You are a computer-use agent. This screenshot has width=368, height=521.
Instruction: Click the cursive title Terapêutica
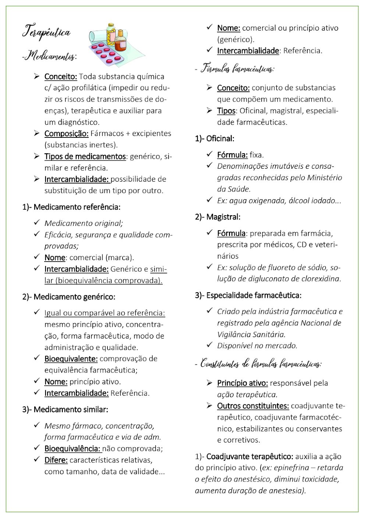[46, 32]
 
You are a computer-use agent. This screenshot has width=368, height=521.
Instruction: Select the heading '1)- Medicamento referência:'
[71, 207]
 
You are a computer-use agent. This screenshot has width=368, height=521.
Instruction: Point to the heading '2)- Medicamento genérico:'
[69, 297]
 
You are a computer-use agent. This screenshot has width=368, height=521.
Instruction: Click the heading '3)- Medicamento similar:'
[65, 410]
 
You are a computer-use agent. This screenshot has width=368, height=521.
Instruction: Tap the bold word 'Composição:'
[66, 133]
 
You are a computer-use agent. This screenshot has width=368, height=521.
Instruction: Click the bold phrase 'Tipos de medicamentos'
[85, 156]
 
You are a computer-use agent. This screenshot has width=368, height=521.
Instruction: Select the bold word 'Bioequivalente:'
[71, 359]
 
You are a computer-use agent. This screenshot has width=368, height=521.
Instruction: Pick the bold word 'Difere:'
[56, 460]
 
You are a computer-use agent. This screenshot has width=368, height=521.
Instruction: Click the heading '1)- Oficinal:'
[215, 139]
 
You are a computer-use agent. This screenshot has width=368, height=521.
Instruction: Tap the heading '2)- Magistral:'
[217, 217]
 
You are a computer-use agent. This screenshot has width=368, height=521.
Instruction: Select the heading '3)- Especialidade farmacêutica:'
[248, 296]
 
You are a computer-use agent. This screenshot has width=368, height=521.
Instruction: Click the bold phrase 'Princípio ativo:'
[242, 383]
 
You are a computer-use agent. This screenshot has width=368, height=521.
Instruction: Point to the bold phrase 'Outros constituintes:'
[253, 406]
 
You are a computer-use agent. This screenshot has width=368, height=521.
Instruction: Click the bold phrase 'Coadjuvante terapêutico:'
[250, 457]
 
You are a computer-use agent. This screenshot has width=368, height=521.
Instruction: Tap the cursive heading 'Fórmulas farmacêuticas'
[237, 69]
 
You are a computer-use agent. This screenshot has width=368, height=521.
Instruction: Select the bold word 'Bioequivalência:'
[72, 449]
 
